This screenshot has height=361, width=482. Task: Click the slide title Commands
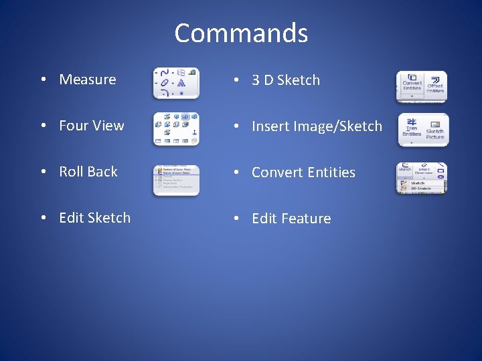[x=241, y=33]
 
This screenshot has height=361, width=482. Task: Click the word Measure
[x=88, y=80]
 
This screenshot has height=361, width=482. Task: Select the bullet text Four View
[x=92, y=126]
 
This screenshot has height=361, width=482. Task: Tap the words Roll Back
[x=88, y=172]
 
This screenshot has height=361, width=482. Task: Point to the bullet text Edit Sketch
[x=95, y=218]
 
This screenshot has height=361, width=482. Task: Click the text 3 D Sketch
[x=286, y=80]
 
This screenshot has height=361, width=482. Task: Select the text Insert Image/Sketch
[x=317, y=126]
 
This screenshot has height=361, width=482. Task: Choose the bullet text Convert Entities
[x=303, y=172]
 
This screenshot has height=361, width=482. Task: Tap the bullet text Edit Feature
[x=291, y=219]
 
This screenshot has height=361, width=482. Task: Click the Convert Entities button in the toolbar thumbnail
[x=411, y=84]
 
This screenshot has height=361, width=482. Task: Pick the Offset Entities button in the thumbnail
[x=435, y=84]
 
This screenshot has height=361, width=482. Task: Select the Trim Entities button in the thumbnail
[x=411, y=129]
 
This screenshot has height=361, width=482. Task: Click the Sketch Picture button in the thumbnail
[x=435, y=130]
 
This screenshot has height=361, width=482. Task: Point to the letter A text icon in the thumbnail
[x=181, y=84]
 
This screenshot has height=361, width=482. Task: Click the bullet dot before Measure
[x=42, y=80]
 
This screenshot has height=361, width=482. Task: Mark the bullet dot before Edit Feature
[x=235, y=219]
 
